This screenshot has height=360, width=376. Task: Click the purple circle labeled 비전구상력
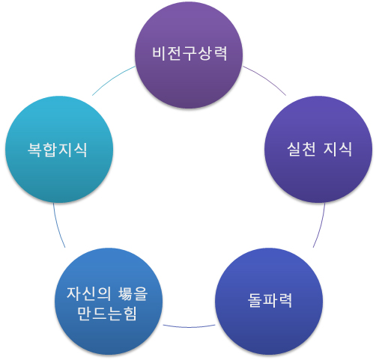(189, 55)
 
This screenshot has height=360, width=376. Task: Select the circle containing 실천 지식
(318, 149)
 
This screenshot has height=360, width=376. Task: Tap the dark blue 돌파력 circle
(269, 302)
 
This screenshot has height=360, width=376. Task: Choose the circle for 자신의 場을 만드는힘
(109, 302)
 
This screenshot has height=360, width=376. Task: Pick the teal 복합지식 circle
(59, 149)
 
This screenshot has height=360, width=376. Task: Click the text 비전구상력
(189, 54)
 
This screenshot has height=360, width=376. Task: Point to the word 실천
(302, 150)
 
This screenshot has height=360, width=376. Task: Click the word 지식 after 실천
(338, 150)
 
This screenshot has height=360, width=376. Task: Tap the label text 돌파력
(270, 300)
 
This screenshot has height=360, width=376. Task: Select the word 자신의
(89, 293)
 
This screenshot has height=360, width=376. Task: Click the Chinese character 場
(125, 293)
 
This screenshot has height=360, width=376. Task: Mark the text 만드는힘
(107, 314)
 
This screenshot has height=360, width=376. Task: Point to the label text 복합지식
(58, 150)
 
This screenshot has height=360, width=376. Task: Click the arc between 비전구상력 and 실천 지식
(266, 79)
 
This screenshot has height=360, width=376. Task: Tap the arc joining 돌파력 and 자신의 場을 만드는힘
(189, 326)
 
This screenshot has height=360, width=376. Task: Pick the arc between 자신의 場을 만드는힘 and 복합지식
(58, 226)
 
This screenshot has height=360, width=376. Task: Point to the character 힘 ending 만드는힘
(130, 314)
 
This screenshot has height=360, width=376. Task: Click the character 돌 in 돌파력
(255, 300)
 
